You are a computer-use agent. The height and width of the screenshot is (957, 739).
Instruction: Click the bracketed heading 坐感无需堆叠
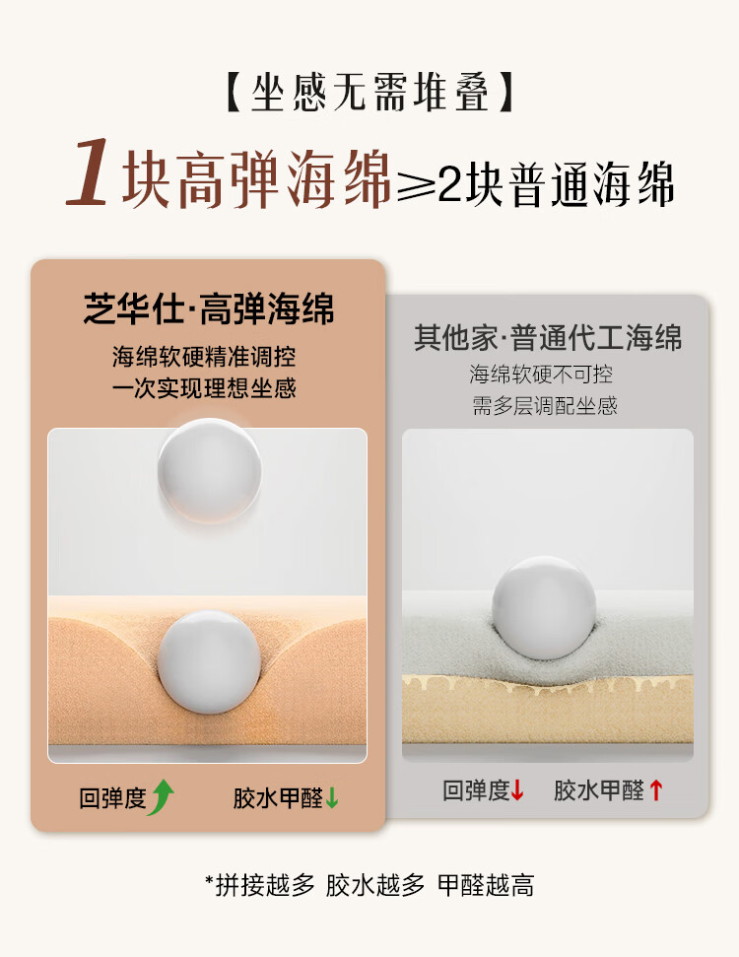369,93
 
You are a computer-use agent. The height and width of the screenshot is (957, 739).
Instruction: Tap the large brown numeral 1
89,172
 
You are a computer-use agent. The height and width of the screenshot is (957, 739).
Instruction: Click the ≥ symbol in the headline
416,183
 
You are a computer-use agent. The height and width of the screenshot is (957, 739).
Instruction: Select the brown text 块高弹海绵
256,179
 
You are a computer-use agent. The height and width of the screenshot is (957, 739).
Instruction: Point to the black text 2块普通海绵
556,183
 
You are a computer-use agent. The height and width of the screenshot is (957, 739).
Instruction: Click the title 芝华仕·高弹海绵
209,308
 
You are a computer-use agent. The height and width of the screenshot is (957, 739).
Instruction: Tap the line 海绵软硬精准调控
204,357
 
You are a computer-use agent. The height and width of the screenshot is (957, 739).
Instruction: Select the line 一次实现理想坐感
204,388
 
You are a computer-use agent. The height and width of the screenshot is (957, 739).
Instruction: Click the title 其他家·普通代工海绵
548,337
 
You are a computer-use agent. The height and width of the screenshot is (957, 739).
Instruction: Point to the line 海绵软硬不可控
541,375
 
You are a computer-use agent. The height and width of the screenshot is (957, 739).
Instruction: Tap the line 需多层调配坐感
544,405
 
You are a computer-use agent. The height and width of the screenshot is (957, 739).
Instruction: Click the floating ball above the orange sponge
209,470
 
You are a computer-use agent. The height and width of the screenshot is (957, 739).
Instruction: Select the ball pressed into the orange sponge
209,662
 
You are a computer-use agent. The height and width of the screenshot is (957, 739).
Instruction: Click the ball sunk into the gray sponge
544,607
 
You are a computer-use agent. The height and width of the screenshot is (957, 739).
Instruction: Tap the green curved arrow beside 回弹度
162,797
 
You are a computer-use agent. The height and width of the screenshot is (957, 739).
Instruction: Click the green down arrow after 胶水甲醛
332,797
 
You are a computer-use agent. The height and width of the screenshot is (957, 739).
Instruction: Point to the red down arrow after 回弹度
517,789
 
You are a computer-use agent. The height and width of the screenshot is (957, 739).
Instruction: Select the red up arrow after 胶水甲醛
656,789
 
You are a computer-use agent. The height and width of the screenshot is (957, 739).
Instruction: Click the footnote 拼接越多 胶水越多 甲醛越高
369,885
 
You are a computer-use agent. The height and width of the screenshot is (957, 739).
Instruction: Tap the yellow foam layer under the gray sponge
548,711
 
